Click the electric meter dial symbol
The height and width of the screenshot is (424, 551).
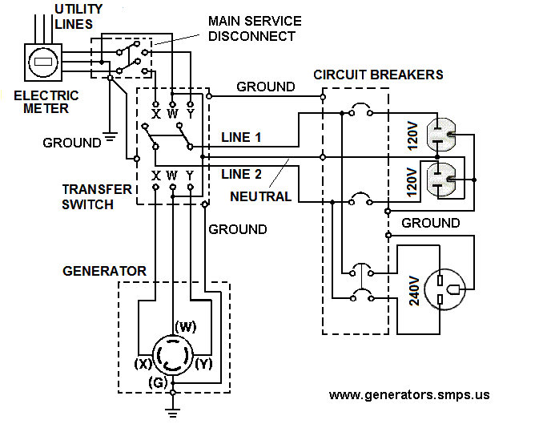coord(43,63)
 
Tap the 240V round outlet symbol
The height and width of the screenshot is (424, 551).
coord(444,289)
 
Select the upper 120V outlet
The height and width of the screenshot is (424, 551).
coord(441,135)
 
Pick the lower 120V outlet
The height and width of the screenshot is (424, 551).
coord(441,180)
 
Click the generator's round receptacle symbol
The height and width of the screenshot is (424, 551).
coord(172,355)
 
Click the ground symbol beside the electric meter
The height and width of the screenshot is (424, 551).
coord(110,137)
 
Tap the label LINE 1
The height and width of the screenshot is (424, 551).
coord(241,138)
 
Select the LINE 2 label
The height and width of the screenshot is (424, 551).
coord(241,174)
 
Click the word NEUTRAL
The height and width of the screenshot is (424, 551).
coord(261,196)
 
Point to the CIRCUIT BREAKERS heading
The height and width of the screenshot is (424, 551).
coord(378,75)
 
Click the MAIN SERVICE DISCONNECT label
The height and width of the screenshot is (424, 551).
coord(255,29)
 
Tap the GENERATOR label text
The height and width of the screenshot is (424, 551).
coord(104,271)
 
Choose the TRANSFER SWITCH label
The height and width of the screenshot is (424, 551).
coord(97,197)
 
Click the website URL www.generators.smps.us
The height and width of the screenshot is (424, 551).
coord(409,395)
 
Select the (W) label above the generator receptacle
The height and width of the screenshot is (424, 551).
coord(186,326)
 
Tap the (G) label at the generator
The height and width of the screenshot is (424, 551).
coord(158,382)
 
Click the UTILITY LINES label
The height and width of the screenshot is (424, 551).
coord(78,17)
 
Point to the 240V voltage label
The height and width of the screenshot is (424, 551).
coord(414,291)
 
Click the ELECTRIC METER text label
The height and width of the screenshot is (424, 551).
coord(46,102)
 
